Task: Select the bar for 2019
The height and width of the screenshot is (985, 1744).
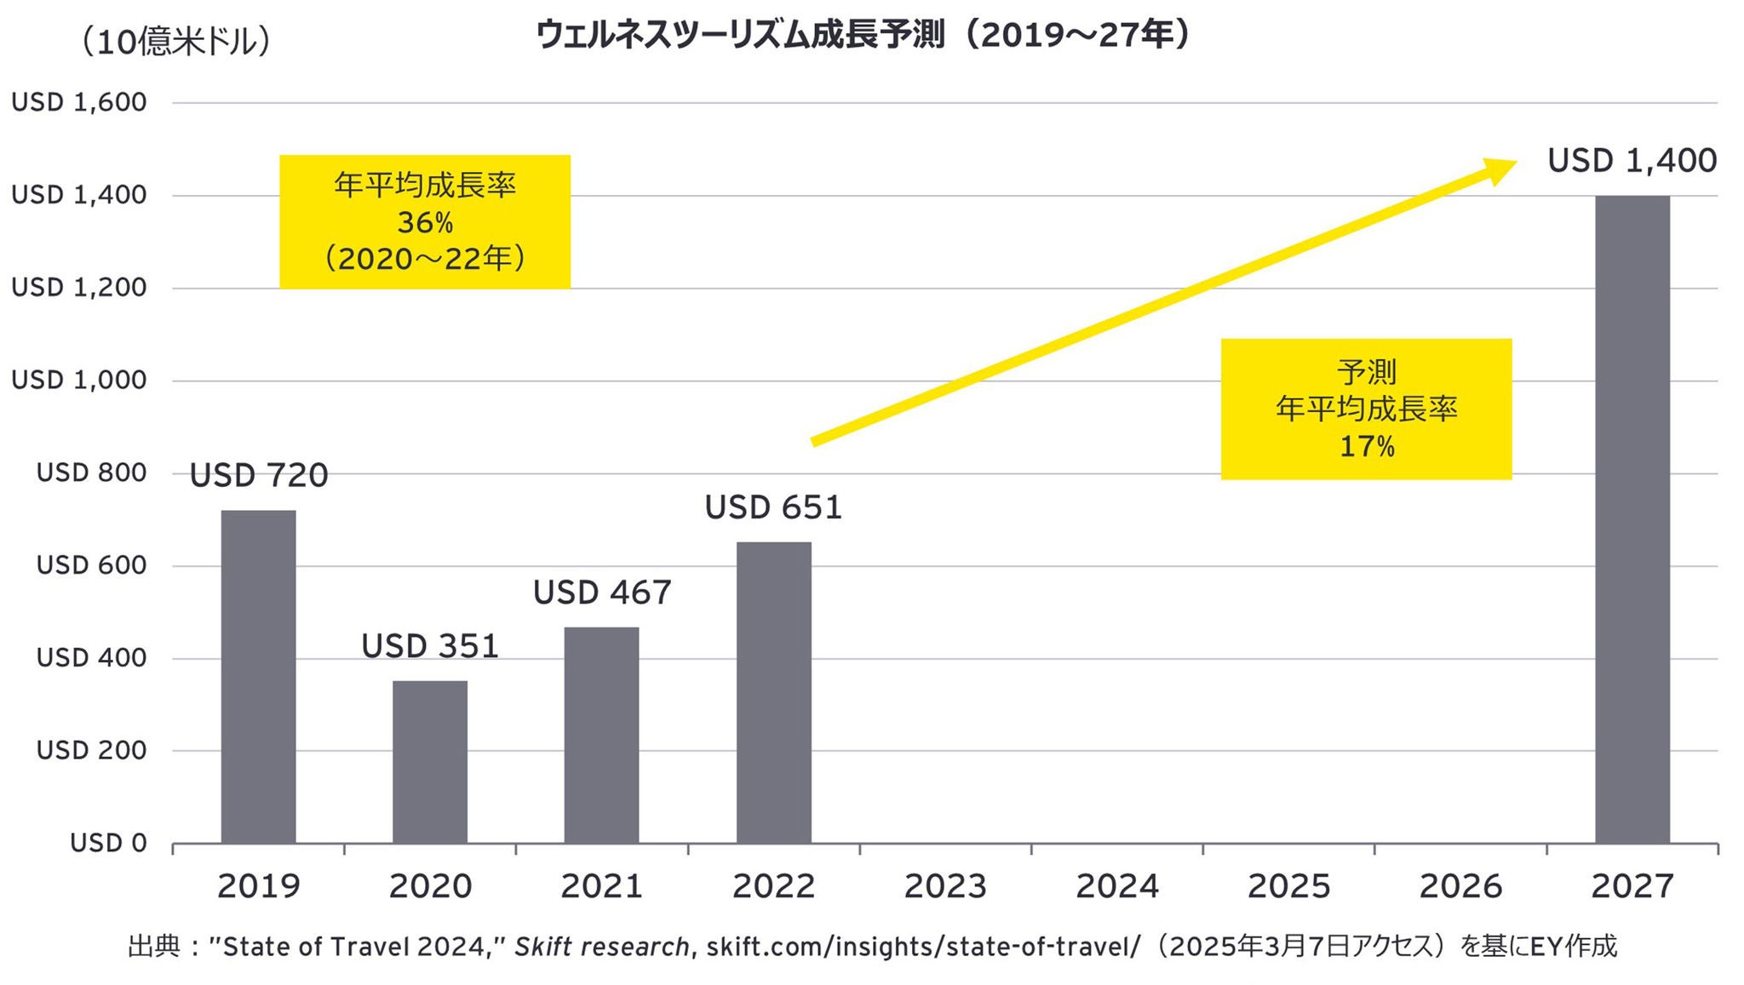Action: tap(258, 677)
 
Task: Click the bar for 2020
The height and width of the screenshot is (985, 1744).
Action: tap(430, 762)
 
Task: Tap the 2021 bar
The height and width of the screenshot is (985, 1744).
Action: tap(601, 736)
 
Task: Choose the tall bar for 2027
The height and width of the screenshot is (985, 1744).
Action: tap(1632, 519)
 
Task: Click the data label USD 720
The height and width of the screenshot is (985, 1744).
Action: tap(258, 475)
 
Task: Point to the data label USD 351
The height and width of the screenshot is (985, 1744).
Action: tap(430, 646)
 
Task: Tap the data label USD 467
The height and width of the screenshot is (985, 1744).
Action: tap(602, 593)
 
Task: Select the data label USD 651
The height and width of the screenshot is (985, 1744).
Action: tap(773, 507)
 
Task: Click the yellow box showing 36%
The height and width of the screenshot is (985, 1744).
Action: tap(425, 221)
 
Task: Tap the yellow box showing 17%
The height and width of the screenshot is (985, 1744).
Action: tap(1366, 409)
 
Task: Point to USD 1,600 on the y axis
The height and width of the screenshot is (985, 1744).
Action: tap(79, 102)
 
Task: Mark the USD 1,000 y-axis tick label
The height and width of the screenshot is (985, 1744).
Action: tap(79, 380)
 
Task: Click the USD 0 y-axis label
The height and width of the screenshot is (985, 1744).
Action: tap(108, 843)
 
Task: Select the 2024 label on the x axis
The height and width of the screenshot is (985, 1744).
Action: tap(1116, 886)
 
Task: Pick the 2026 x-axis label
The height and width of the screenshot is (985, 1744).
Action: tap(1460, 886)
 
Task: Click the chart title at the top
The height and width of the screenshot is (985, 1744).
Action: tap(862, 36)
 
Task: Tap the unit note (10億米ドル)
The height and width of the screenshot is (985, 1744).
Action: tap(175, 41)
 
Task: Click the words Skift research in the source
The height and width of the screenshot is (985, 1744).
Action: tap(601, 947)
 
